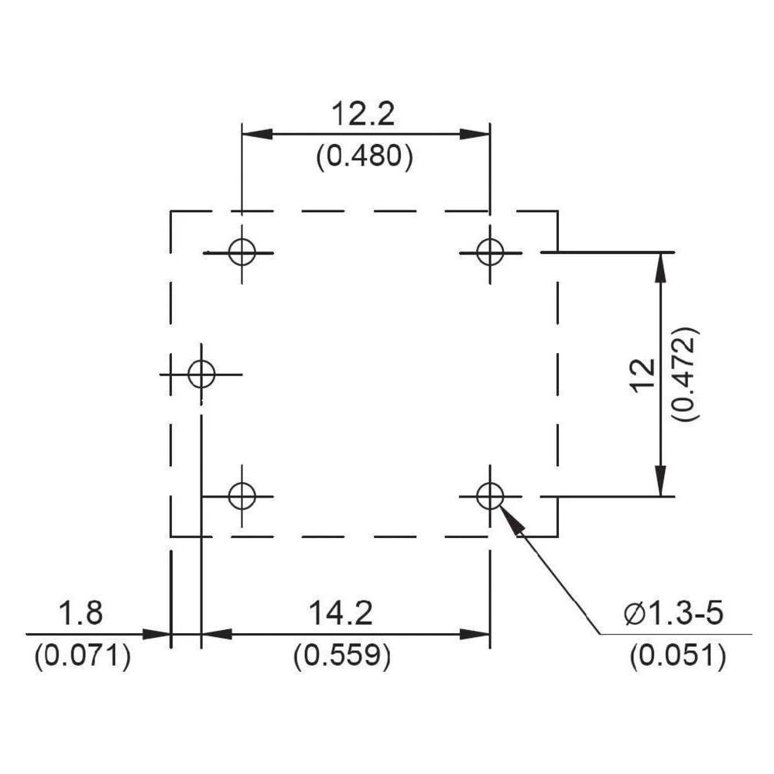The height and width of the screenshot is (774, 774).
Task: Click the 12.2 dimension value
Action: tap(364, 115)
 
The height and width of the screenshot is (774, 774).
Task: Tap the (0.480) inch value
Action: tap(364, 157)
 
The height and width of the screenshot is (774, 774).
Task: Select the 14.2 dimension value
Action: tap(341, 615)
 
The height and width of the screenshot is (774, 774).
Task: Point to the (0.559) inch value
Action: tap(341, 656)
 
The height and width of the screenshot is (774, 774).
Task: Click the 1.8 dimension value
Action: tap(80, 615)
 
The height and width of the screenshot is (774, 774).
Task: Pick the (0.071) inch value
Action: tap(81, 656)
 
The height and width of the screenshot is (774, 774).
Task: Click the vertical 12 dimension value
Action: tap(642, 375)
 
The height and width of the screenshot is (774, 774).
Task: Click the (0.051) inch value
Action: tap(677, 656)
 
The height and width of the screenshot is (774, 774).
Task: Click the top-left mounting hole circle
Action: tap(242, 252)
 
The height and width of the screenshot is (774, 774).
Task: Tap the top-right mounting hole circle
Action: tap(489, 252)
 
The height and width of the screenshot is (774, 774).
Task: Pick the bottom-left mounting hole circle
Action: tap(242, 495)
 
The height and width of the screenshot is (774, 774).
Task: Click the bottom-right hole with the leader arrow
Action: tap(489, 495)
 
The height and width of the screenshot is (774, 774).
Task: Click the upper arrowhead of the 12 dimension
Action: tap(660, 267)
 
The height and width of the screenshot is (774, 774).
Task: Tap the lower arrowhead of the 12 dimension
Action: tap(660, 480)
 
